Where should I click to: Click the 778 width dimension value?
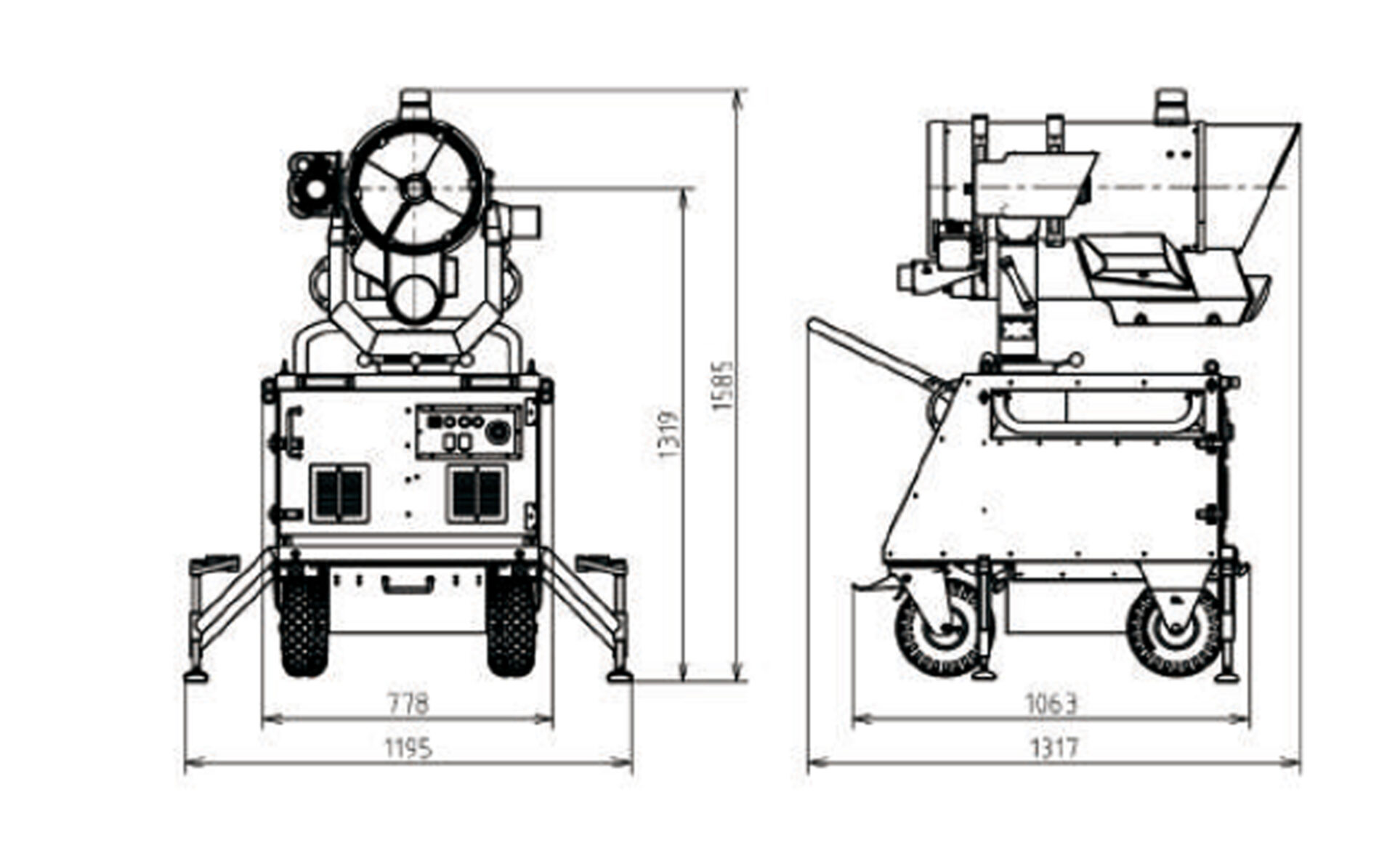[x=408, y=703]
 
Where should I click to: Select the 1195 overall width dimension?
[x=408, y=747]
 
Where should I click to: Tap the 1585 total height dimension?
[x=723, y=386]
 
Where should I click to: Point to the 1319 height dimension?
[x=668, y=434]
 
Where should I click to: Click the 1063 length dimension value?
[x=1051, y=703]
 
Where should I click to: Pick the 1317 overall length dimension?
[x=1054, y=747]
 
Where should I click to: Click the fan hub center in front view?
[x=414, y=189]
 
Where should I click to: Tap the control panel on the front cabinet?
[x=469, y=432]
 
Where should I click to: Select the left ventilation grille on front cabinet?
[x=339, y=494]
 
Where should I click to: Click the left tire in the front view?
[x=304, y=623]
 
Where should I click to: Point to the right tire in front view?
[x=512, y=623]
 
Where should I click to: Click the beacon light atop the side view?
[x=1171, y=106]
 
